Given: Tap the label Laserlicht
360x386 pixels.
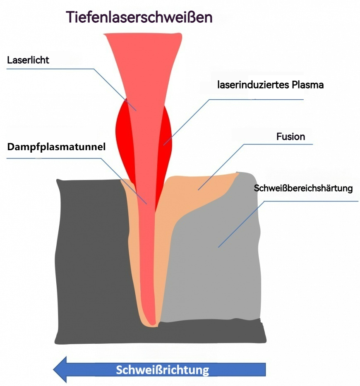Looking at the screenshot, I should pos(28,60).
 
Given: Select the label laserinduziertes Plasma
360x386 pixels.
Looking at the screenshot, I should pos(271,85).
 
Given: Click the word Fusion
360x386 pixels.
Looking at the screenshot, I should pos(290,137).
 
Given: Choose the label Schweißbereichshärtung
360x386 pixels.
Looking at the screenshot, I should pos(303,189).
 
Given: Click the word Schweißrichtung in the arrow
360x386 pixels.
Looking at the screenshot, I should pos(162,369).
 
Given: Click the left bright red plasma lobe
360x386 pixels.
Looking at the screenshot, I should pos(122,132).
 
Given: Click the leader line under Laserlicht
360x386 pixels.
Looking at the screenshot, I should pos(50,69).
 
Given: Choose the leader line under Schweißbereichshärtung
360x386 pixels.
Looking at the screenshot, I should pos(310,201).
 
